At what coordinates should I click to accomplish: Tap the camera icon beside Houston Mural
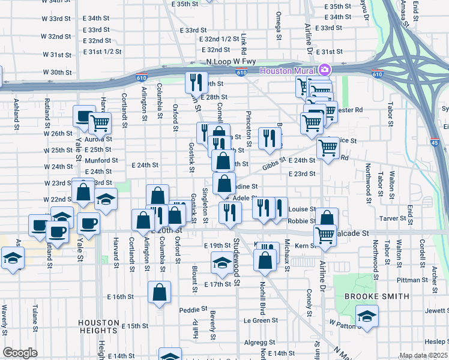click(x=325, y=70)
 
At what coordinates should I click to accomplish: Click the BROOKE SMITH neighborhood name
click(x=376, y=296)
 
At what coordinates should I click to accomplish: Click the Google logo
click(x=20, y=353)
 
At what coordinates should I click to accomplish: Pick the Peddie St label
click(x=193, y=310)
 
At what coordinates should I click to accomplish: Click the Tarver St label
click(x=394, y=218)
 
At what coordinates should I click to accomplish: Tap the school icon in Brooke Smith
click(x=367, y=315)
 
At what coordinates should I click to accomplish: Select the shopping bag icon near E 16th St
click(x=160, y=293)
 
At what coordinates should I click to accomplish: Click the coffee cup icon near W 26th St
click(x=84, y=116)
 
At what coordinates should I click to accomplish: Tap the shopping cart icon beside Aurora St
click(x=100, y=123)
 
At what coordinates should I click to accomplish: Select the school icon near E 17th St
click(x=222, y=262)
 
